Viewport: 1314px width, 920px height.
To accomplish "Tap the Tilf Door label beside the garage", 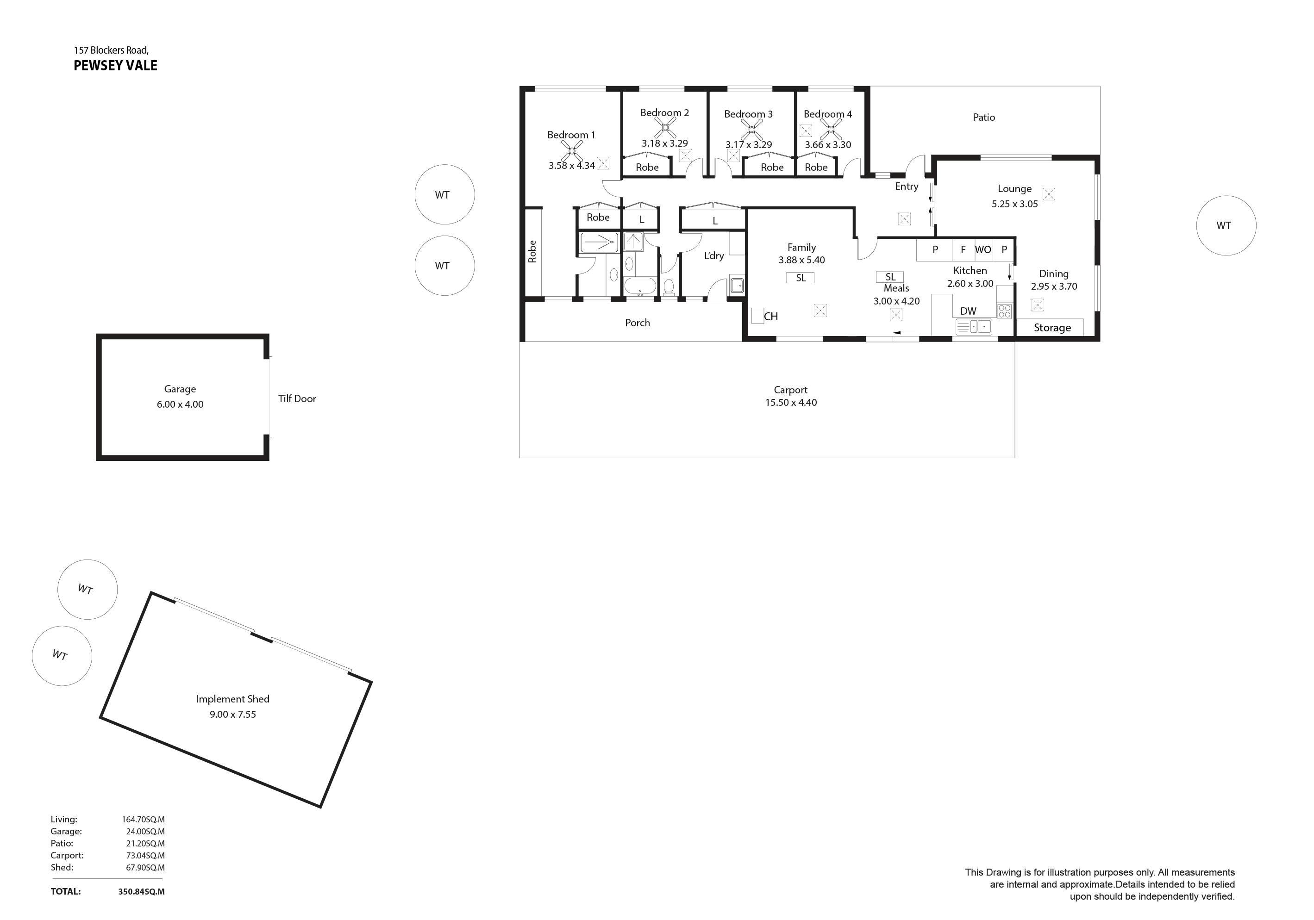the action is pyautogui.click(x=297, y=399).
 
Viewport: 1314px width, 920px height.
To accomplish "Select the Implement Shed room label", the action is pyautogui.click(x=232, y=699).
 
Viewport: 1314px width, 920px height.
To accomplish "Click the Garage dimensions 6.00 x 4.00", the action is pyautogui.click(x=180, y=404).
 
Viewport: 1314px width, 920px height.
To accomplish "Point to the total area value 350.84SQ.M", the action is pyautogui.click(x=141, y=891).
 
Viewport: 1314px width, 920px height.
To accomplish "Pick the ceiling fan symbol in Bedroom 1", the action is pyautogui.click(x=572, y=152).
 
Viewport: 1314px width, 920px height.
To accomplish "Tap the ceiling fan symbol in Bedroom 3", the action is pyautogui.click(x=751, y=130).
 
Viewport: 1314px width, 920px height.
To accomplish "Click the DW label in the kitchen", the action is pyautogui.click(x=968, y=311).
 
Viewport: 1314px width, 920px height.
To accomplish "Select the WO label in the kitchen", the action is pyautogui.click(x=983, y=249).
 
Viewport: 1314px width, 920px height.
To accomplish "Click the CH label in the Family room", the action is pyautogui.click(x=771, y=317).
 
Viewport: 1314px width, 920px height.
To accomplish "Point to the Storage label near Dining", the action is pyautogui.click(x=1052, y=328).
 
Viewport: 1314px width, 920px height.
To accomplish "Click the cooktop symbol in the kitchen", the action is pyautogui.click(x=1004, y=311).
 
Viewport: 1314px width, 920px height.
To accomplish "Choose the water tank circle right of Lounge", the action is pyautogui.click(x=1226, y=225).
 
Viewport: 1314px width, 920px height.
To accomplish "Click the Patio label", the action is pyautogui.click(x=984, y=117).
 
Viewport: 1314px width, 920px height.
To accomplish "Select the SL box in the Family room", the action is pyautogui.click(x=801, y=278).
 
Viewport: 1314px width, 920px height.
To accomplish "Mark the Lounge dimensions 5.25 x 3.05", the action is pyautogui.click(x=1015, y=204).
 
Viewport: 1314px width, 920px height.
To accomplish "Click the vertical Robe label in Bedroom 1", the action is pyautogui.click(x=532, y=252).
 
